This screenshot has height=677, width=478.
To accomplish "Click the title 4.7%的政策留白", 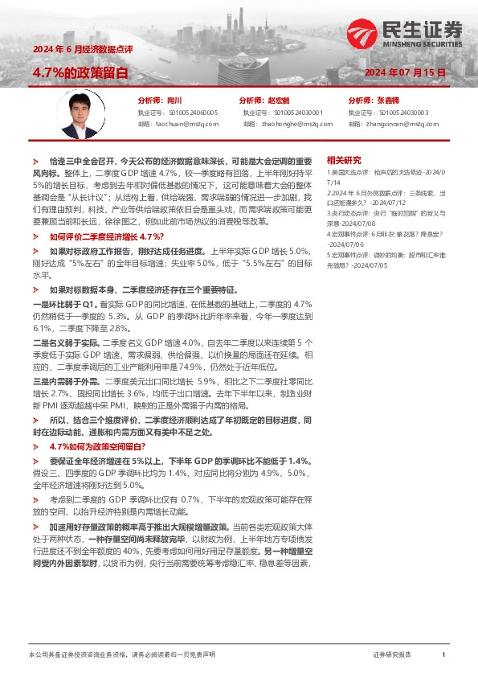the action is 80,72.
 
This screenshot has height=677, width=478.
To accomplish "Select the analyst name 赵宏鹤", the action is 277,101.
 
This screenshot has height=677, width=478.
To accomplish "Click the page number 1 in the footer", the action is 443,655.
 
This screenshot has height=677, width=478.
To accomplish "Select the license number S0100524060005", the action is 189,113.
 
